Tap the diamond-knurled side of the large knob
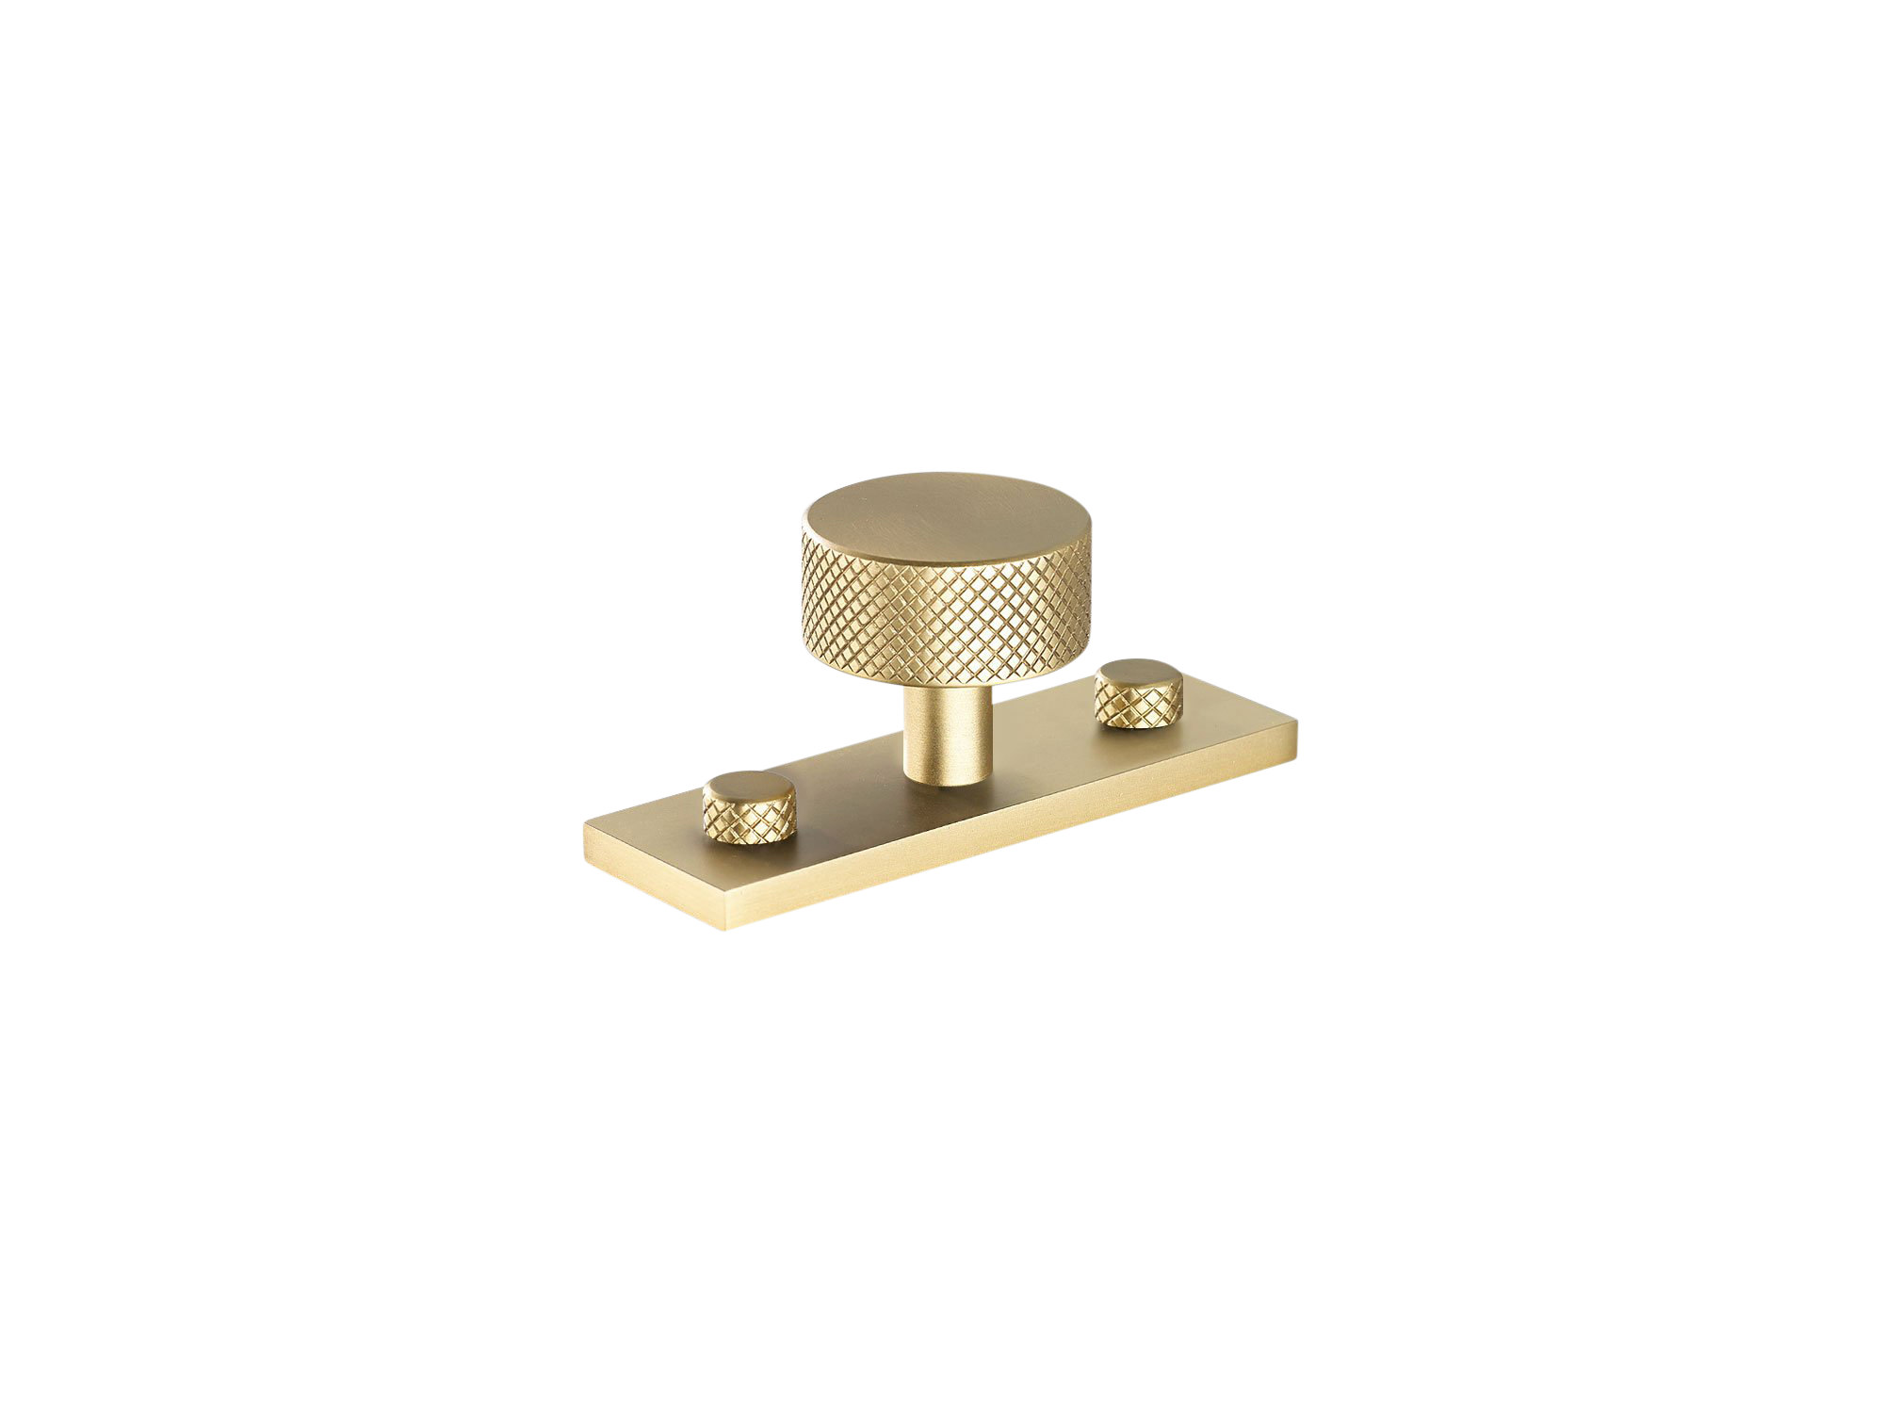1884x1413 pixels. point(942,622)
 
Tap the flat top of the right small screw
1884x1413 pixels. point(1135,674)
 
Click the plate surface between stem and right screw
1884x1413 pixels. point(1036,744)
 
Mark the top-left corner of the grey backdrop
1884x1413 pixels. point(582,472)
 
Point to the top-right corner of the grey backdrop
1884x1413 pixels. point(1298,472)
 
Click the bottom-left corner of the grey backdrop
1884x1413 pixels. point(582,931)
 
